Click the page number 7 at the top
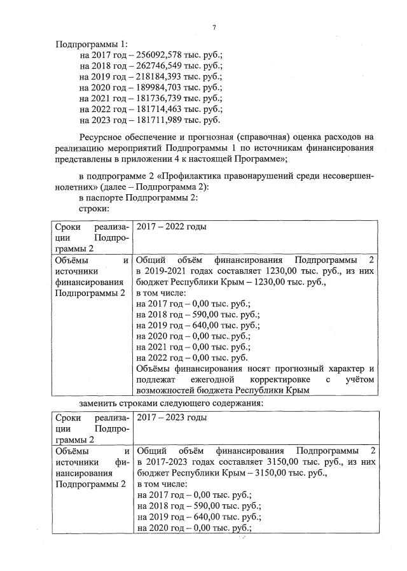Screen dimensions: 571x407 point(214,26)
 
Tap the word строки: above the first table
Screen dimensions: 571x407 point(94,208)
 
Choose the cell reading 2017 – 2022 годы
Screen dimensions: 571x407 point(171,227)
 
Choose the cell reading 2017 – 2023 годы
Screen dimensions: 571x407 point(171,418)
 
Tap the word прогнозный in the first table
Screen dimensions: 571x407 point(291,369)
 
